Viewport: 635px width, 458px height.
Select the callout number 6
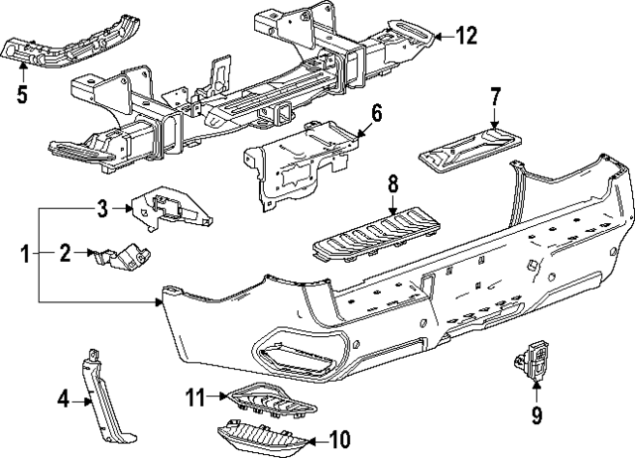coord(375,112)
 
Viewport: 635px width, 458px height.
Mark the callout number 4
coord(63,401)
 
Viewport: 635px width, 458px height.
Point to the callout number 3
coord(101,208)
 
